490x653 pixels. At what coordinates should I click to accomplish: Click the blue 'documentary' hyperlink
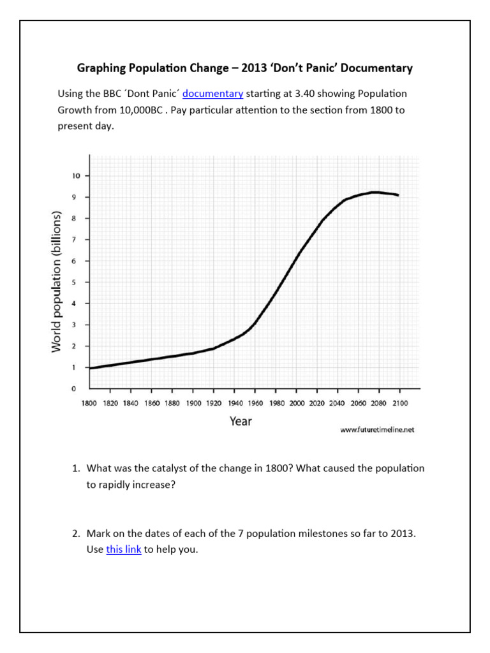point(212,94)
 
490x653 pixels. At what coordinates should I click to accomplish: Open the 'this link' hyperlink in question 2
point(123,549)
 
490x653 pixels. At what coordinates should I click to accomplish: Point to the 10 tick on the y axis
point(76,176)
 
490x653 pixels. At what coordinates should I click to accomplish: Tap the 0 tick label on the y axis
point(74,388)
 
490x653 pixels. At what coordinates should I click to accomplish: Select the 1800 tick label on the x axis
point(89,403)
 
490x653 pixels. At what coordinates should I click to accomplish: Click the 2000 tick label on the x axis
point(297,403)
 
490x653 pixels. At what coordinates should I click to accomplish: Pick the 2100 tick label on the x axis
point(400,403)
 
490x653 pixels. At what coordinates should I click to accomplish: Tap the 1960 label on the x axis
point(255,403)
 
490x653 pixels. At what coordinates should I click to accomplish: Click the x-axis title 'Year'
point(241,421)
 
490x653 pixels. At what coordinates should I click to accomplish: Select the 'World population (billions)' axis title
point(56,281)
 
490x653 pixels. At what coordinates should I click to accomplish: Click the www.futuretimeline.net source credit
point(377,430)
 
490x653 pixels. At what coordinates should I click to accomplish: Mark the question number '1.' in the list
point(75,469)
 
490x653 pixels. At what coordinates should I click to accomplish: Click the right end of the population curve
point(399,195)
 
